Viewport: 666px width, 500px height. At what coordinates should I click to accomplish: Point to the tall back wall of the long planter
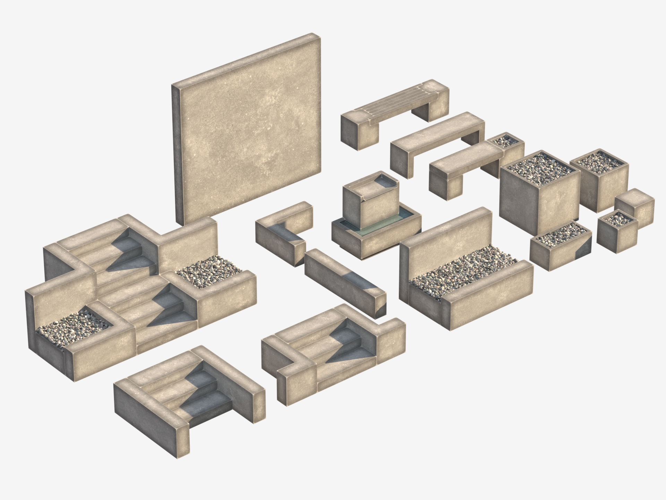point(447,240)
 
